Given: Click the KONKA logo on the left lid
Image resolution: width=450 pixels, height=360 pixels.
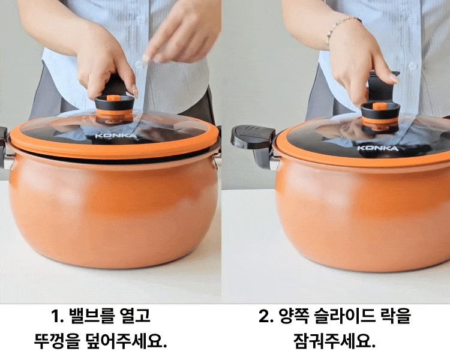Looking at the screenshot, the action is click(116, 136).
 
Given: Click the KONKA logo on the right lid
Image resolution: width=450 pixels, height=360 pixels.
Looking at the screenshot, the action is click(378, 148).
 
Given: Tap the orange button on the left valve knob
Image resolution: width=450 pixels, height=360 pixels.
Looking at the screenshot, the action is click(113, 98).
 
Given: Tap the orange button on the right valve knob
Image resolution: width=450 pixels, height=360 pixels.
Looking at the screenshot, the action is click(380, 106).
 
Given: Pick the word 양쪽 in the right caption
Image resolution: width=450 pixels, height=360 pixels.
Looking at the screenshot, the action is click(293, 316).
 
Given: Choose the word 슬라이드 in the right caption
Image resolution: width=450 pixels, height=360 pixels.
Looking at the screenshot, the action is click(344, 316).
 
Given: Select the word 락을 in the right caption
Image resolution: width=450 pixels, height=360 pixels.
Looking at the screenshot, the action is click(395, 316).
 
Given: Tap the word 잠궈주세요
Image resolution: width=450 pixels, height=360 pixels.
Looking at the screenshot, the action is click(334, 341).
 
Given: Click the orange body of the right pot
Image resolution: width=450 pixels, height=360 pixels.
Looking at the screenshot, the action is click(362, 218).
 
